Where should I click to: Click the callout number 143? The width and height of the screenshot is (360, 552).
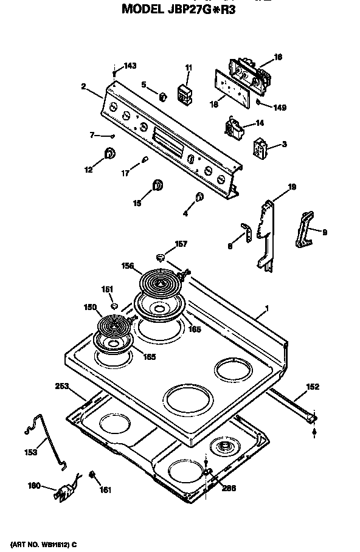pyautogui.click(x=130, y=66)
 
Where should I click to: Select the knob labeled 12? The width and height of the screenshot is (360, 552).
pyautogui.click(x=109, y=154)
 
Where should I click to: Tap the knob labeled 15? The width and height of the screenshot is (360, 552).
pyautogui.click(x=157, y=185)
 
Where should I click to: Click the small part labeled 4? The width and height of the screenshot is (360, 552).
pyautogui.click(x=199, y=196)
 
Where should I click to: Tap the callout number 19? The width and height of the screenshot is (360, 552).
pyautogui.click(x=292, y=187)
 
